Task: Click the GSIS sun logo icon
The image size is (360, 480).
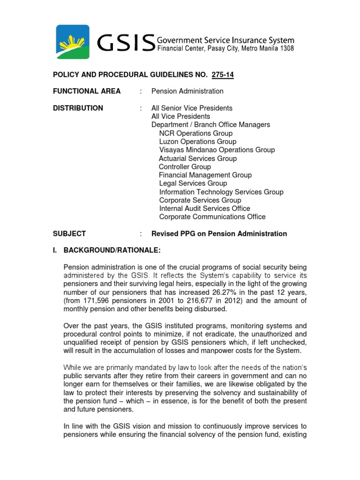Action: click(x=73, y=42)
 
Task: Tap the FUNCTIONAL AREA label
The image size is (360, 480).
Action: click(x=87, y=91)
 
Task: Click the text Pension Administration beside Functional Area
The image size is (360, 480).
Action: click(x=187, y=91)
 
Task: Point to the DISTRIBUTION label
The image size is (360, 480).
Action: click(x=78, y=108)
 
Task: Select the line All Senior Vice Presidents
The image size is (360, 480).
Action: click(x=192, y=108)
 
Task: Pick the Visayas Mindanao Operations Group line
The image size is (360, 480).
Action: click(x=217, y=150)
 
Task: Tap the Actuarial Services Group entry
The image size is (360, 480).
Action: click(x=198, y=158)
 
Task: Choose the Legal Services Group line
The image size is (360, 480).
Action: click(x=193, y=183)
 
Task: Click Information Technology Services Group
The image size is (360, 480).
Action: click(x=221, y=192)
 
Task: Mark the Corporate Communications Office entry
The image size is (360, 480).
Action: click(x=212, y=217)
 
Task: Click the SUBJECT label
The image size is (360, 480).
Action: click(x=69, y=233)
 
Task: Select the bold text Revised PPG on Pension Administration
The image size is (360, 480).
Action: click(x=219, y=233)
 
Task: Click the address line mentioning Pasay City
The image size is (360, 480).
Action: click(x=225, y=49)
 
